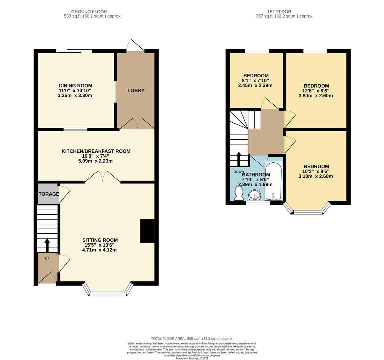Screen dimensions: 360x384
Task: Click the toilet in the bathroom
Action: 239,193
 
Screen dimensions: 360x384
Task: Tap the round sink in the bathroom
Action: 255,194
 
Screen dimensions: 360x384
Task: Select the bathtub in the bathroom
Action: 273,181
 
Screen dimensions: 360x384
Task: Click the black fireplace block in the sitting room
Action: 147,231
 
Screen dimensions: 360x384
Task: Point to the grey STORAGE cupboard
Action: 48,194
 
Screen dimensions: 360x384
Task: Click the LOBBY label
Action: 136,90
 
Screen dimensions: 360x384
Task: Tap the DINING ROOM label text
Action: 75,86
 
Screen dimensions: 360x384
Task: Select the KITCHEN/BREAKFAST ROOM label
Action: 96,151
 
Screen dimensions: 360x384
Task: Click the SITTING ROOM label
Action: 100,240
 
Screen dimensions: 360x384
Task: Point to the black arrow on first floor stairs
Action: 239,159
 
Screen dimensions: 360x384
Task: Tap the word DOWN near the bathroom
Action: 239,172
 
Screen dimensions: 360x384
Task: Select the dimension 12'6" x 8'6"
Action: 316,91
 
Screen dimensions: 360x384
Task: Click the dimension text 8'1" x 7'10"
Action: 256,80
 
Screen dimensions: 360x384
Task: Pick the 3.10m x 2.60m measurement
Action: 316,176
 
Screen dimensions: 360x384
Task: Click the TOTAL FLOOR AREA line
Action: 192,339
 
